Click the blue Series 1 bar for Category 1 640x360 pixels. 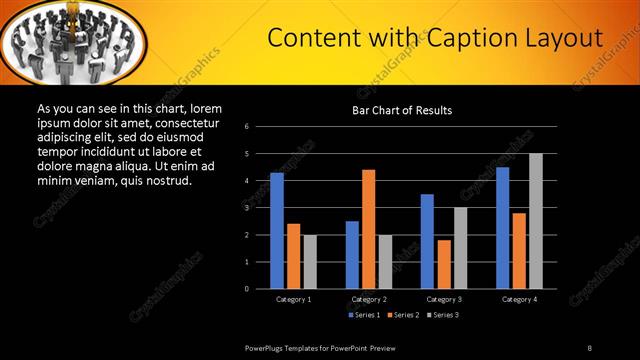277,231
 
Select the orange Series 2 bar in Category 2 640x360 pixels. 368,229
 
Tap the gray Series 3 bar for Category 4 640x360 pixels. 535,221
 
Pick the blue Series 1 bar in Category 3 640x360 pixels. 427,241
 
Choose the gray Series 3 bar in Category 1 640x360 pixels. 310,262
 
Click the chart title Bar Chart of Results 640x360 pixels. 402,110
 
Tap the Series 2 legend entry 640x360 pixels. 404,315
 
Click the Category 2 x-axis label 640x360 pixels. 368,299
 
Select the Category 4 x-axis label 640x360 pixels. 518,299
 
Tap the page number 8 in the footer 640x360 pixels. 590,347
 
